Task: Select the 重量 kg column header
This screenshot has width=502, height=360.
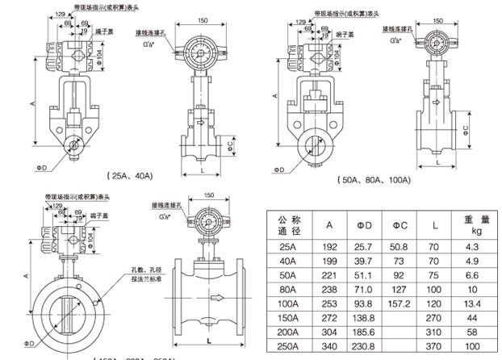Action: click(x=472, y=224)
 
